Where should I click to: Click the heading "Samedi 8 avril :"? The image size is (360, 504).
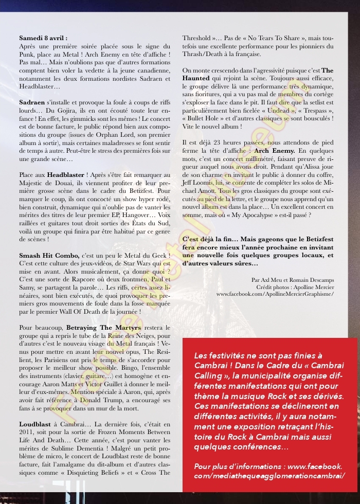(43, 38)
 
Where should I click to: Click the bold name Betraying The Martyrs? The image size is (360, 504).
(95, 328)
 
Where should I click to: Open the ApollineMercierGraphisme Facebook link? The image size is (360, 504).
(275, 294)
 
